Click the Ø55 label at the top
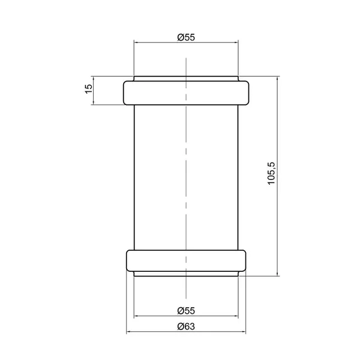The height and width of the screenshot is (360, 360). (x=186, y=37)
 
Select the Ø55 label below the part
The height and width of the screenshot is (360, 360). (x=186, y=311)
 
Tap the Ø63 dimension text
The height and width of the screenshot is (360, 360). (x=186, y=326)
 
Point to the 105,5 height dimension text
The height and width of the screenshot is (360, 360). (x=271, y=173)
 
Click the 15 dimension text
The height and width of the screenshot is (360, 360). (x=88, y=89)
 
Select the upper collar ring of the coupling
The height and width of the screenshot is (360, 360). (x=186, y=93)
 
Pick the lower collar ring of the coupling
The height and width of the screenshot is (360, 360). (x=186, y=260)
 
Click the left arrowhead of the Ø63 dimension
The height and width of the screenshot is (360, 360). (x=128, y=332)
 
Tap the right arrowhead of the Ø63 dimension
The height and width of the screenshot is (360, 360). (x=244, y=332)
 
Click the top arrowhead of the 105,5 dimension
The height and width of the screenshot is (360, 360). (x=277, y=79)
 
